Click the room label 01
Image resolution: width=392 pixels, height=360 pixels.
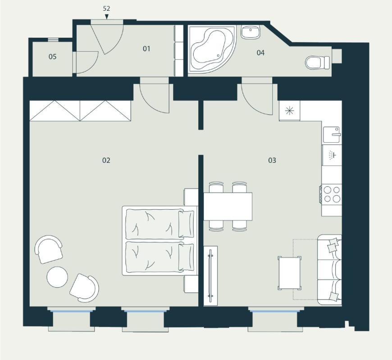146,49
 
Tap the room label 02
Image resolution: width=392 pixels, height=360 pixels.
106,160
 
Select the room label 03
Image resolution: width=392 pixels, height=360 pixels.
272,160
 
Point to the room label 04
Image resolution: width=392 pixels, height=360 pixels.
260,53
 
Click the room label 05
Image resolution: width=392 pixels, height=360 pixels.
53,57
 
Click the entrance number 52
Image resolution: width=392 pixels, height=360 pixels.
106,9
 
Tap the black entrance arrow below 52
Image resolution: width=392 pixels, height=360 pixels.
107,17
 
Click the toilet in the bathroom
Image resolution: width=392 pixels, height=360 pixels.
318,63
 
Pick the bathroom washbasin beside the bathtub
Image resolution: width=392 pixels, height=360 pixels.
251,32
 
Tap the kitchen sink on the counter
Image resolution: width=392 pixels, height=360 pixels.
332,135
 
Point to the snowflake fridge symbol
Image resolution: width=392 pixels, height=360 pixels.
289,111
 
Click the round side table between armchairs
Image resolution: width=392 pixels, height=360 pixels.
57,277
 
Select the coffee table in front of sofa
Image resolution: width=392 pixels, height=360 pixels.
290,273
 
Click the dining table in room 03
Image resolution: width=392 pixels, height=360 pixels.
228,207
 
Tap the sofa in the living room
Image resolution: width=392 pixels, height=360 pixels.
329,270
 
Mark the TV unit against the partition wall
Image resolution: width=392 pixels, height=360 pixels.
210,275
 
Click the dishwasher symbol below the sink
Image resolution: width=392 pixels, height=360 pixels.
332,155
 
